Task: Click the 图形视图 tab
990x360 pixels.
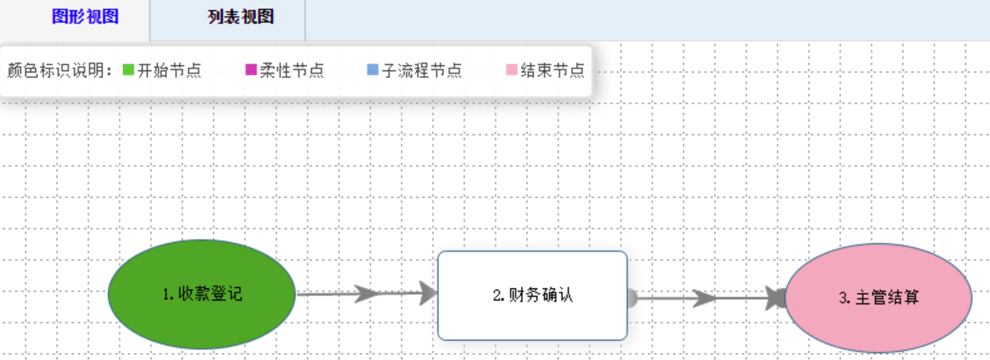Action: tap(85, 18)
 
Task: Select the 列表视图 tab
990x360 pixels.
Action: tap(241, 18)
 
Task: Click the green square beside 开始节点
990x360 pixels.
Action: tap(129, 70)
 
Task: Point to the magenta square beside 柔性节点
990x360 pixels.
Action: tap(251, 70)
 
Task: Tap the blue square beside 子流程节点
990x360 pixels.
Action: tap(373, 70)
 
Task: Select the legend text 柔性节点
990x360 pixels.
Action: tap(292, 70)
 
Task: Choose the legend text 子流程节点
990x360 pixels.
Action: tap(422, 70)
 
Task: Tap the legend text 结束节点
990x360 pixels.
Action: tap(552, 70)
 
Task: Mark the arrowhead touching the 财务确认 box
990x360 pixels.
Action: tap(429, 293)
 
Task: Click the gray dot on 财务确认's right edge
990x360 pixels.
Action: tap(631, 297)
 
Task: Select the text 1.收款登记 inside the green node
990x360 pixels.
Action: tap(202, 294)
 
